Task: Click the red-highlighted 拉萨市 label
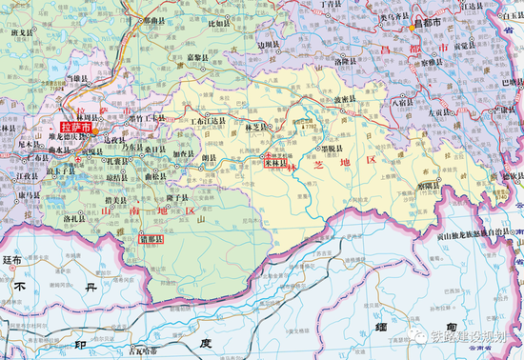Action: [75, 126]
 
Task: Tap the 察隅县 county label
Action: [433, 188]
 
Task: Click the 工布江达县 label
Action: [209, 122]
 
